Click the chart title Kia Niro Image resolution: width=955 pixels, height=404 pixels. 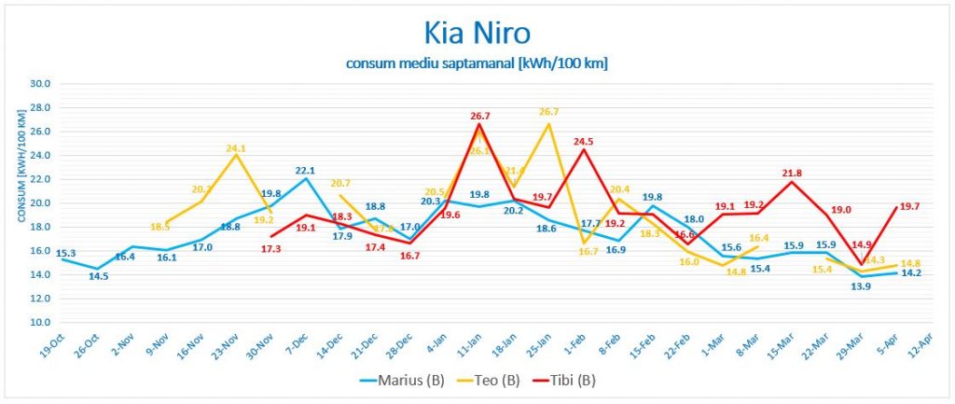(477, 34)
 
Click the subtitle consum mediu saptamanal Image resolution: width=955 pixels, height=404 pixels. (477, 63)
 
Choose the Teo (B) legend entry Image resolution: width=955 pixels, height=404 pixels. (492, 380)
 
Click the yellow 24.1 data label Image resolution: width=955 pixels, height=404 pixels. (236, 147)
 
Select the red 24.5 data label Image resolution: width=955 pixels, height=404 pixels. (584, 142)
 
